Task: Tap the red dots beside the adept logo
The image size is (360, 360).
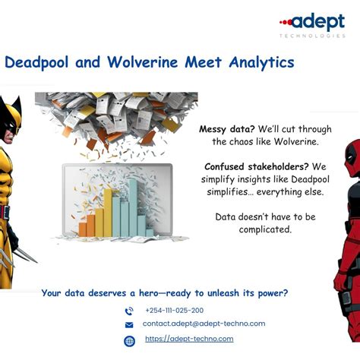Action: click(285, 22)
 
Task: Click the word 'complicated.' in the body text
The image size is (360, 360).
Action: click(265, 229)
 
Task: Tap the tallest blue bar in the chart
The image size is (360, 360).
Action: click(134, 207)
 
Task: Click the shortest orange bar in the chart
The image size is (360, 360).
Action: click(83, 228)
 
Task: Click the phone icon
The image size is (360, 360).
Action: click(129, 311)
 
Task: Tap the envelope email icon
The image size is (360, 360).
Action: click(129, 325)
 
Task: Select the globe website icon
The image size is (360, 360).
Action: click(129, 340)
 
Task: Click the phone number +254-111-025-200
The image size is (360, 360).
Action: click(174, 311)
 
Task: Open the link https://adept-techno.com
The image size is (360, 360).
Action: click(189, 339)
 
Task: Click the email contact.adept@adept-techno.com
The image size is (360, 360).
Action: click(204, 324)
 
